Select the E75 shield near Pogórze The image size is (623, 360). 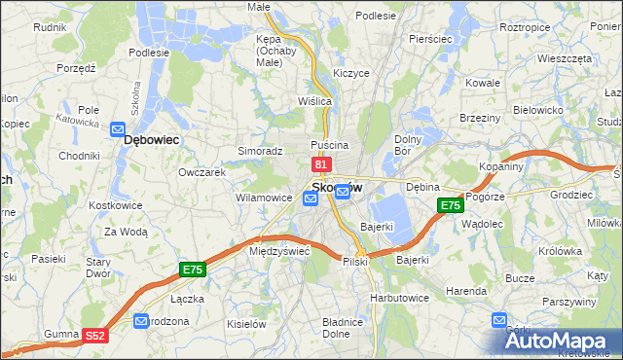click(x=450, y=205)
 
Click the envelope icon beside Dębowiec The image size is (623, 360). click(x=117, y=128)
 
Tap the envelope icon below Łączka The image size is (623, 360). click(x=141, y=319)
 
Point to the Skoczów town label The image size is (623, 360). click(x=337, y=187)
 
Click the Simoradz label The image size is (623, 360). click(x=260, y=152)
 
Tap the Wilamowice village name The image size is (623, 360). click(x=263, y=198)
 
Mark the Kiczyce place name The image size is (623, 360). click(x=350, y=73)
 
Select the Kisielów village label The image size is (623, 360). click(x=247, y=322)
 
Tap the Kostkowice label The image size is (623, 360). click(x=116, y=206)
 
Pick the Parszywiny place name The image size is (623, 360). click(x=569, y=302)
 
